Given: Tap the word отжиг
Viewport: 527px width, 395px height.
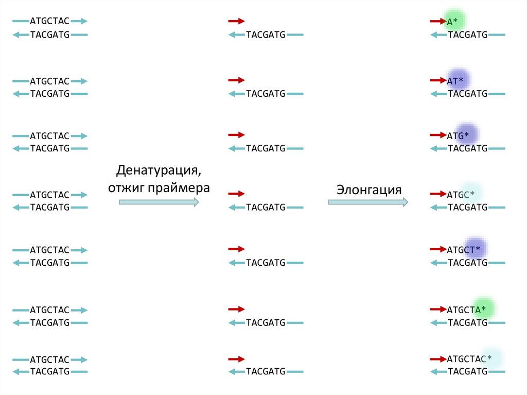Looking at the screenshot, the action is point(126,187).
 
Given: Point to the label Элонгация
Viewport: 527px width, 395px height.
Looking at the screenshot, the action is point(368,189).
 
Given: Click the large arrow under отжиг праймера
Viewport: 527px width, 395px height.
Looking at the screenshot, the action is point(159,202).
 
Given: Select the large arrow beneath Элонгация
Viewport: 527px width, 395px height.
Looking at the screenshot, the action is point(368,202).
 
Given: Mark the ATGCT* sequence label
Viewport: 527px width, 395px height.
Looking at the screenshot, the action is point(464,250).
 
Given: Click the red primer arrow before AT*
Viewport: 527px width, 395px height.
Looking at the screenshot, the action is point(437,80).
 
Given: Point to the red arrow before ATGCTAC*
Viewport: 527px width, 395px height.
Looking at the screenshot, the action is point(437,359).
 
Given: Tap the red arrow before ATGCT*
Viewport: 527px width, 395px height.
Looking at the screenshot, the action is point(437,249).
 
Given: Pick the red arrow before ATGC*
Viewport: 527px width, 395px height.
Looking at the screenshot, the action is point(437,194).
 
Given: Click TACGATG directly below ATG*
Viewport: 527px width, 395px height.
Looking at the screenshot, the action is point(467,149).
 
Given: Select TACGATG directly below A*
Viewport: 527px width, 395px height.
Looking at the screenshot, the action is point(467,35).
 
